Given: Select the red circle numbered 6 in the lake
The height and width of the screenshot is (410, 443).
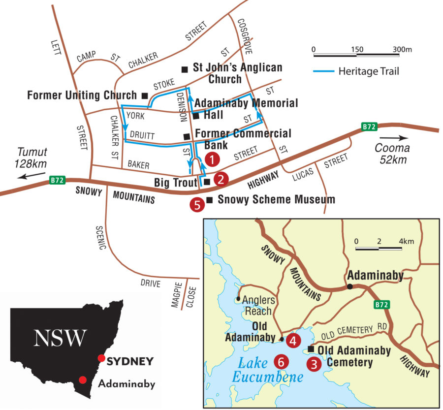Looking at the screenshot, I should pyautogui.click(x=281, y=362).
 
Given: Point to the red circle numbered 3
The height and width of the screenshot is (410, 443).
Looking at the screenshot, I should pyautogui.click(x=313, y=364).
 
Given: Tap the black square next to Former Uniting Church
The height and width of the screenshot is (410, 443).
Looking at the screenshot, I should pyautogui.click(x=145, y=95).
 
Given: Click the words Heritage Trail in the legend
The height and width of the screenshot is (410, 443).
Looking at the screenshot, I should pyautogui.click(x=369, y=71).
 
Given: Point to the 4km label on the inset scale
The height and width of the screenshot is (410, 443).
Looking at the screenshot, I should pyautogui.click(x=407, y=241).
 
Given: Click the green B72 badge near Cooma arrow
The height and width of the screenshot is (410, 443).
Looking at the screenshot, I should pyautogui.click(x=369, y=126).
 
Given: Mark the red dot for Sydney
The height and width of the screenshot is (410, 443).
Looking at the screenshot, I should pyautogui.click(x=102, y=358).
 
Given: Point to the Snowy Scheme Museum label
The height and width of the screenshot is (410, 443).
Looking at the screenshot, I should pyautogui.click(x=276, y=199).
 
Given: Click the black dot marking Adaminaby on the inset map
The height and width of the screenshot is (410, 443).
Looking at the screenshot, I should pyautogui.click(x=349, y=286).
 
